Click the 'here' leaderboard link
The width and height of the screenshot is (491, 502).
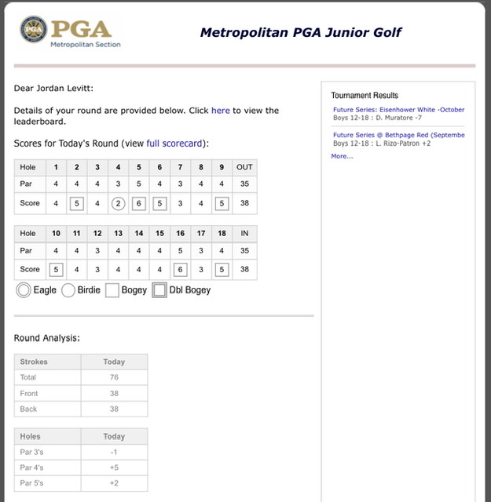tap(221, 111)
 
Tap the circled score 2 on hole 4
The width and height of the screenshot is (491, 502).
tap(118, 204)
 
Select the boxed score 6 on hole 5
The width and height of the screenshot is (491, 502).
tap(139, 204)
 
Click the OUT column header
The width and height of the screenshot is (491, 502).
tap(244, 167)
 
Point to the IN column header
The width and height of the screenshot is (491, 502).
tap(244, 233)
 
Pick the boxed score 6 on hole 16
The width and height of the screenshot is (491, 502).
tap(180, 270)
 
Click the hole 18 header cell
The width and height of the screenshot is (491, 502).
tap(222, 233)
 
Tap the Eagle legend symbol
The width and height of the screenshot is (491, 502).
tap(24, 290)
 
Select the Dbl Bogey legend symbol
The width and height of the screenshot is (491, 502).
tap(159, 290)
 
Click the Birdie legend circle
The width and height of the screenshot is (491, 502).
tap(68, 290)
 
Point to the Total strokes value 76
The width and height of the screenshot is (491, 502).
tap(114, 377)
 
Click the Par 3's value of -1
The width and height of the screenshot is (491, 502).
tap(114, 452)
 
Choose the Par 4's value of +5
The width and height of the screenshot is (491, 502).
tap(114, 467)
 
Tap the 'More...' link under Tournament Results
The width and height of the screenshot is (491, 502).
tap(342, 156)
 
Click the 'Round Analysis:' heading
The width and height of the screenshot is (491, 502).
tap(46, 338)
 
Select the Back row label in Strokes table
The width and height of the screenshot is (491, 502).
tap(29, 409)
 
